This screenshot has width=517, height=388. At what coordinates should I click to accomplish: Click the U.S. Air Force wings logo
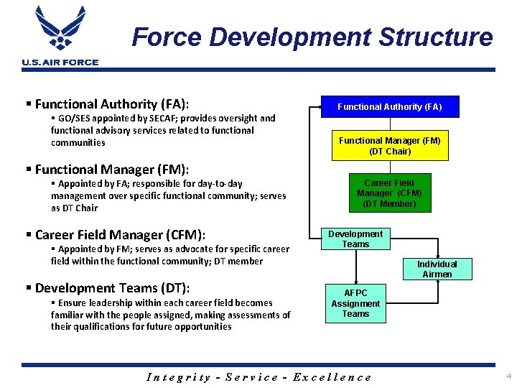(60, 29)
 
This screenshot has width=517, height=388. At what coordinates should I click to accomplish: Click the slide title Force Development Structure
(312, 37)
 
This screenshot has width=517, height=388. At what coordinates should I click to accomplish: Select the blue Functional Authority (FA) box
(390, 107)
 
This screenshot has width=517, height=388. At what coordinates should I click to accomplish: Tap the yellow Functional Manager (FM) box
(390, 146)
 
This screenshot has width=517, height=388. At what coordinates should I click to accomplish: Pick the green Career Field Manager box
(389, 193)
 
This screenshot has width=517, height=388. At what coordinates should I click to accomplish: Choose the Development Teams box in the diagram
(355, 239)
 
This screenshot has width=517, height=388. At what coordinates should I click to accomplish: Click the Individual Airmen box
(437, 269)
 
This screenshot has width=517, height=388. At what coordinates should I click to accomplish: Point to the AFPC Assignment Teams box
(355, 303)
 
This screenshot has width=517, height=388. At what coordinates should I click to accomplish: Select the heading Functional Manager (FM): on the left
(111, 170)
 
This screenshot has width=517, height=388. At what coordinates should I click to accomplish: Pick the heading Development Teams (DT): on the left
(112, 288)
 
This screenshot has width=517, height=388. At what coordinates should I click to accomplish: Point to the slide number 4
(508, 377)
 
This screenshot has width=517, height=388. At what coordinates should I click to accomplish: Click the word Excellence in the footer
(332, 377)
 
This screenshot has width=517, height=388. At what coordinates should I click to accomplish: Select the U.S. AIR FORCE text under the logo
(60, 63)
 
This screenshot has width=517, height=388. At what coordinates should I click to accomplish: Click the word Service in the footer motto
(251, 377)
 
